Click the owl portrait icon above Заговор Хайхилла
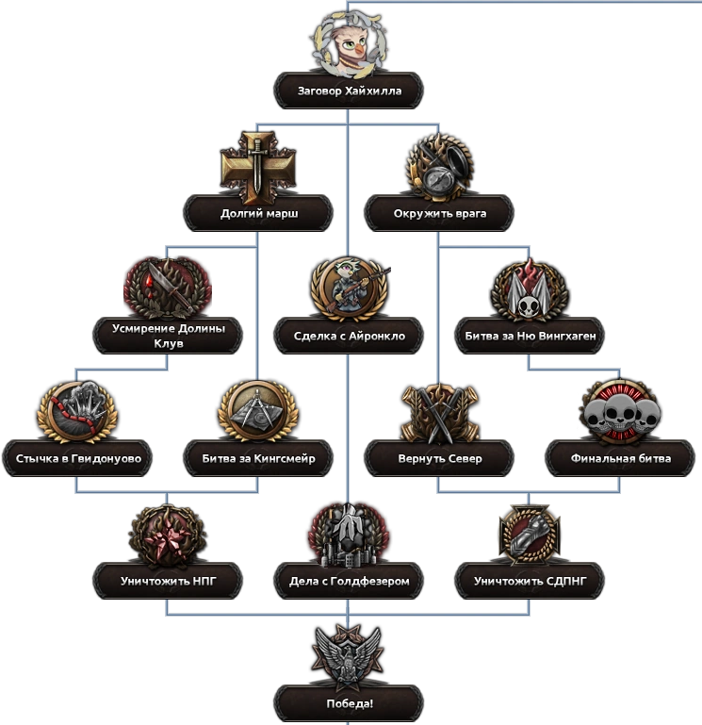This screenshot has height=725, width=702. pyautogui.click(x=349, y=44)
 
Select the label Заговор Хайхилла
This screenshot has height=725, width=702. pyautogui.click(x=350, y=91)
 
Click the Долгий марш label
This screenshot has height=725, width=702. pyautogui.click(x=259, y=214)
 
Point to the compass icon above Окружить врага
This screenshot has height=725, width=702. pyautogui.click(x=440, y=167)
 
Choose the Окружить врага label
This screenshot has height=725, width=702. pyautogui.click(x=440, y=214)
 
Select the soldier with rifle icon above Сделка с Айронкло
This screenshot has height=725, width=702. pyautogui.click(x=350, y=287)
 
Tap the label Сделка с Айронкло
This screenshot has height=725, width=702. pyautogui.click(x=350, y=336)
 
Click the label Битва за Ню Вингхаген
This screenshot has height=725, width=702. pyautogui.click(x=531, y=336)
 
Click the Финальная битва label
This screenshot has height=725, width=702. pyautogui.click(x=621, y=459)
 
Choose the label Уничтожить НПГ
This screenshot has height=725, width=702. pyautogui.click(x=169, y=581)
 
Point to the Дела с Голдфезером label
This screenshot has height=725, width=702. pyautogui.click(x=350, y=581)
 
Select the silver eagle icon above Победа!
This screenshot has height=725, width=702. pyautogui.click(x=349, y=653)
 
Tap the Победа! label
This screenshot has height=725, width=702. pyautogui.click(x=350, y=703)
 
